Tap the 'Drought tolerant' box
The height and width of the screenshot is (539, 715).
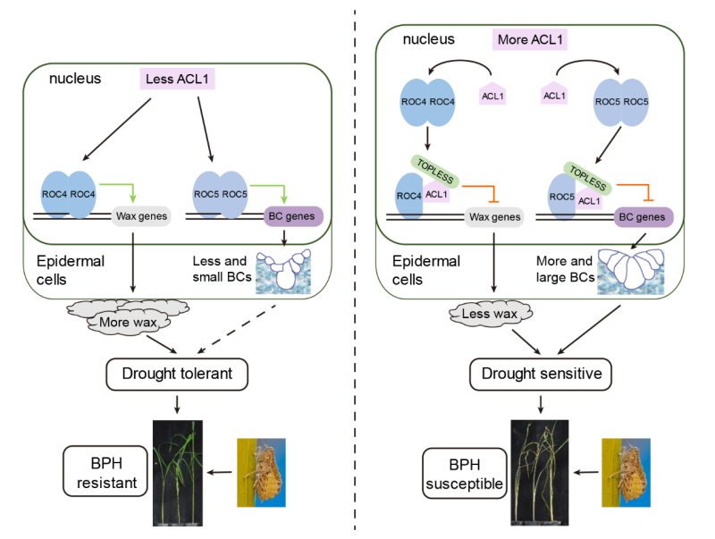coord(176,373)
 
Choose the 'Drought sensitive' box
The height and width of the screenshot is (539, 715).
coord(535,373)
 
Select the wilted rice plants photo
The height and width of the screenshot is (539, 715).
coord(541,472)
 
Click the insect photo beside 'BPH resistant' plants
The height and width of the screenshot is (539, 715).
coord(261,473)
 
